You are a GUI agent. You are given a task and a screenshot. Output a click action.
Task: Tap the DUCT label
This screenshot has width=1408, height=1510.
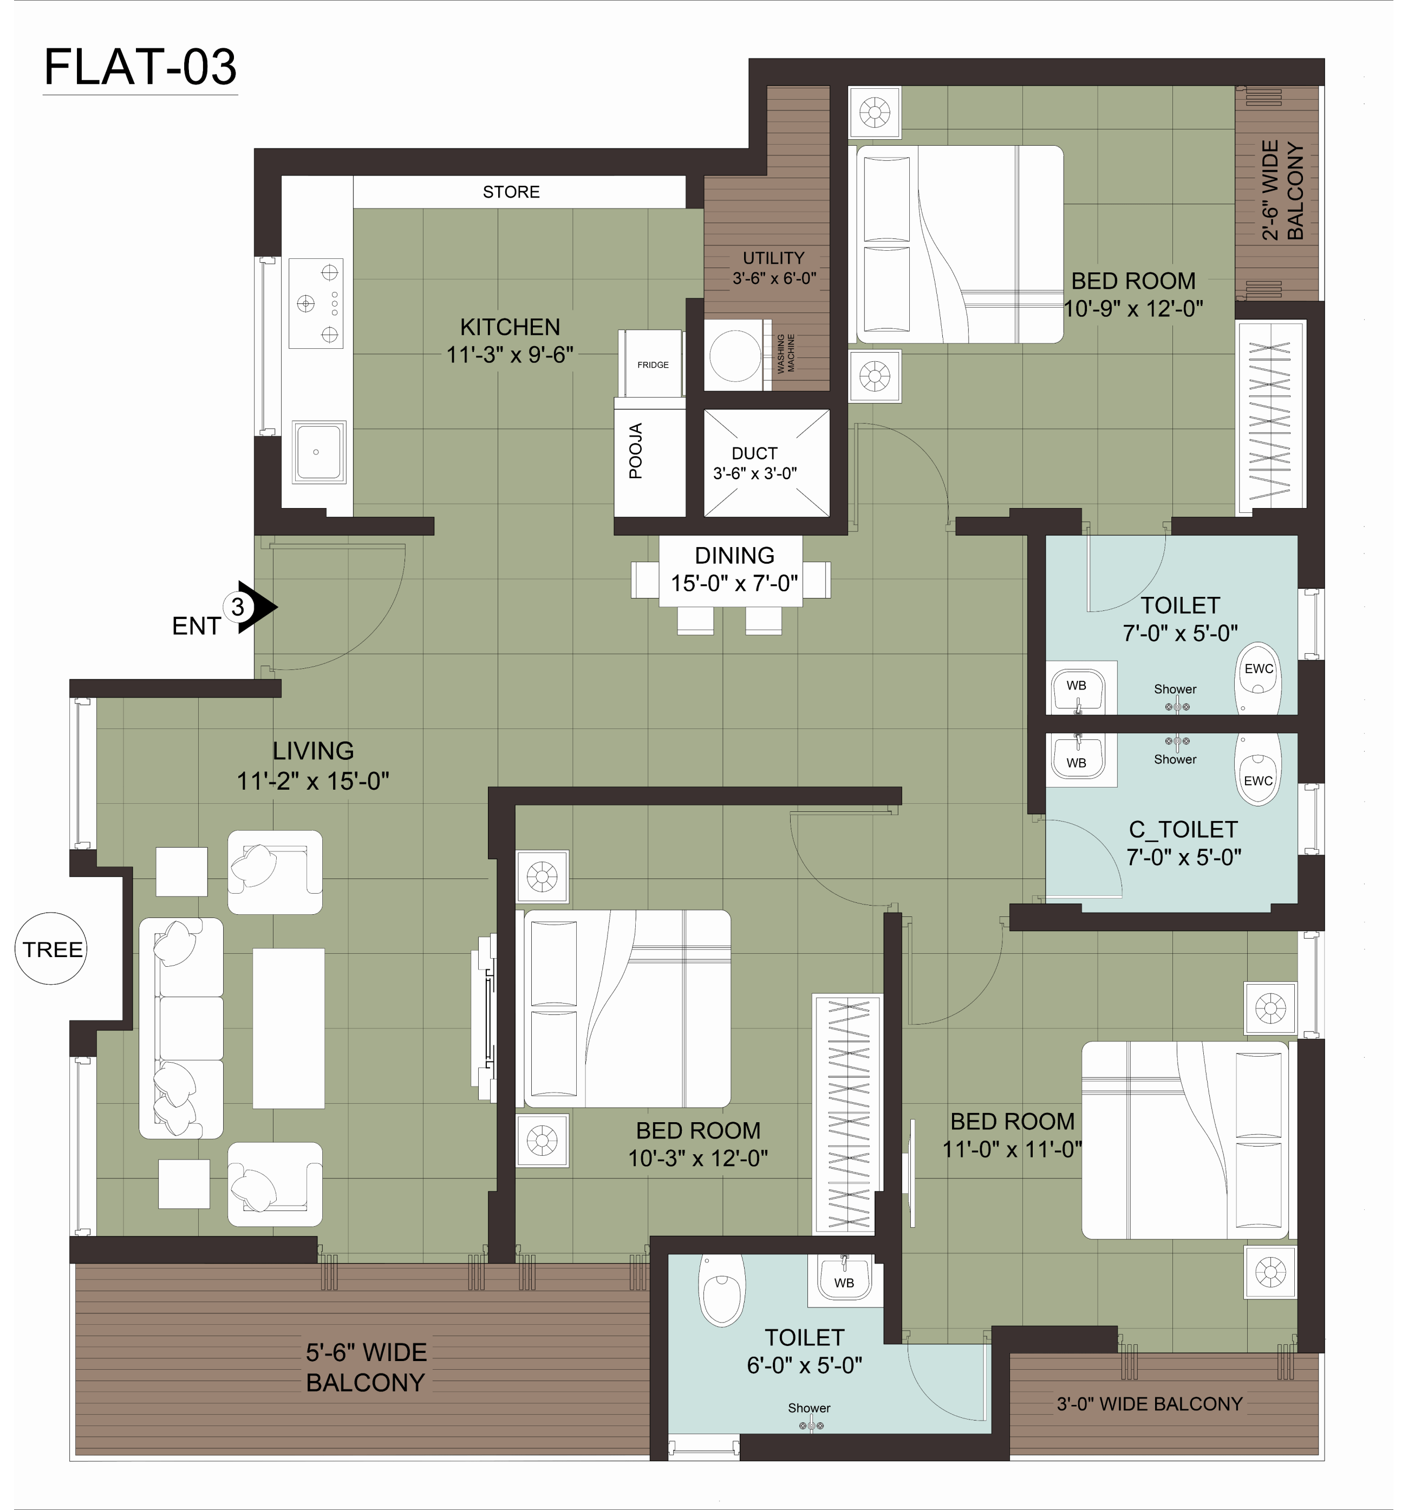[754, 453]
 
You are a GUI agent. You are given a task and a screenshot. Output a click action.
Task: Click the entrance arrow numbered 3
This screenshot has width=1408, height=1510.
[255, 607]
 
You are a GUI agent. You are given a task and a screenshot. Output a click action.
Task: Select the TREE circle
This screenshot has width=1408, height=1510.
[51, 949]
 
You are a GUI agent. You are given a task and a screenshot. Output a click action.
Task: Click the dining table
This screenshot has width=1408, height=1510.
[731, 571]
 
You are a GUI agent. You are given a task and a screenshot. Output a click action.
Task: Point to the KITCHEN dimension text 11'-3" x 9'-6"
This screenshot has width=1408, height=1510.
[510, 355]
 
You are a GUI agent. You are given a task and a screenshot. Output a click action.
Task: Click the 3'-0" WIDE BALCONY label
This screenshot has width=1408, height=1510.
[1149, 1404]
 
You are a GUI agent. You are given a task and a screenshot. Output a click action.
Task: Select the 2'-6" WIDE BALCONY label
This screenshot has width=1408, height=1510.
[1282, 190]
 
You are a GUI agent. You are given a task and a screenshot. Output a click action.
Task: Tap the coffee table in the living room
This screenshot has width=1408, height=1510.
[289, 1029]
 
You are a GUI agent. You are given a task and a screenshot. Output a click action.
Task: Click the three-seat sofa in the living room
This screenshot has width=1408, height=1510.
[181, 1029]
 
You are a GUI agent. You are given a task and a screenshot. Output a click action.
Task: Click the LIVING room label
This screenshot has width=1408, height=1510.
[313, 751]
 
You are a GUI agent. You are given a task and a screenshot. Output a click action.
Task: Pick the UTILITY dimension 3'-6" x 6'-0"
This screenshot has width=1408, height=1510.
[774, 279]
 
